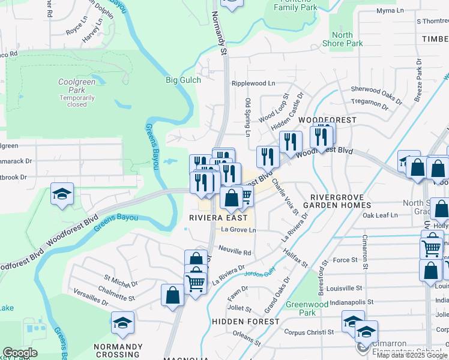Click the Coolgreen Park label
coord(76,82)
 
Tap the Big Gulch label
coord(183,79)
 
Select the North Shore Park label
coord(342,40)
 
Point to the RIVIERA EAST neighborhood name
coord(214,218)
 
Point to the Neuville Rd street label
coord(235,253)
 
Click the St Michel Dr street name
coord(121,279)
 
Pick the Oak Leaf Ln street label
coord(379,215)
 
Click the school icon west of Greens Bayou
coord(62,194)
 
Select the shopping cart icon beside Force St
coord(431,247)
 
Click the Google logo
coord(20,353)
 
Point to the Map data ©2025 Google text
coord(411,355)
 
